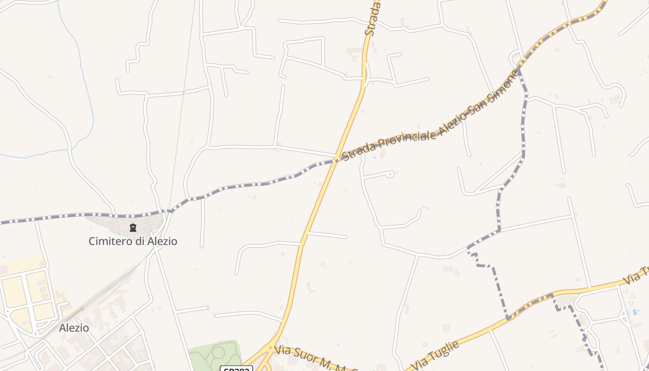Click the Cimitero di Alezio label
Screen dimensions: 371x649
133,241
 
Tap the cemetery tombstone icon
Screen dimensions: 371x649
133,228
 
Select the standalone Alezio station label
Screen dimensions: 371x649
74,327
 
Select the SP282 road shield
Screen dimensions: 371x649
236,369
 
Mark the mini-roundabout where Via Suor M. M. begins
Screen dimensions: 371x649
270,346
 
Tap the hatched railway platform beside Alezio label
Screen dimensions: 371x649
74,313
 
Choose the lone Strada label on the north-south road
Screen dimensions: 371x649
373,19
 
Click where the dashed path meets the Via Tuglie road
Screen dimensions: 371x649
509,318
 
